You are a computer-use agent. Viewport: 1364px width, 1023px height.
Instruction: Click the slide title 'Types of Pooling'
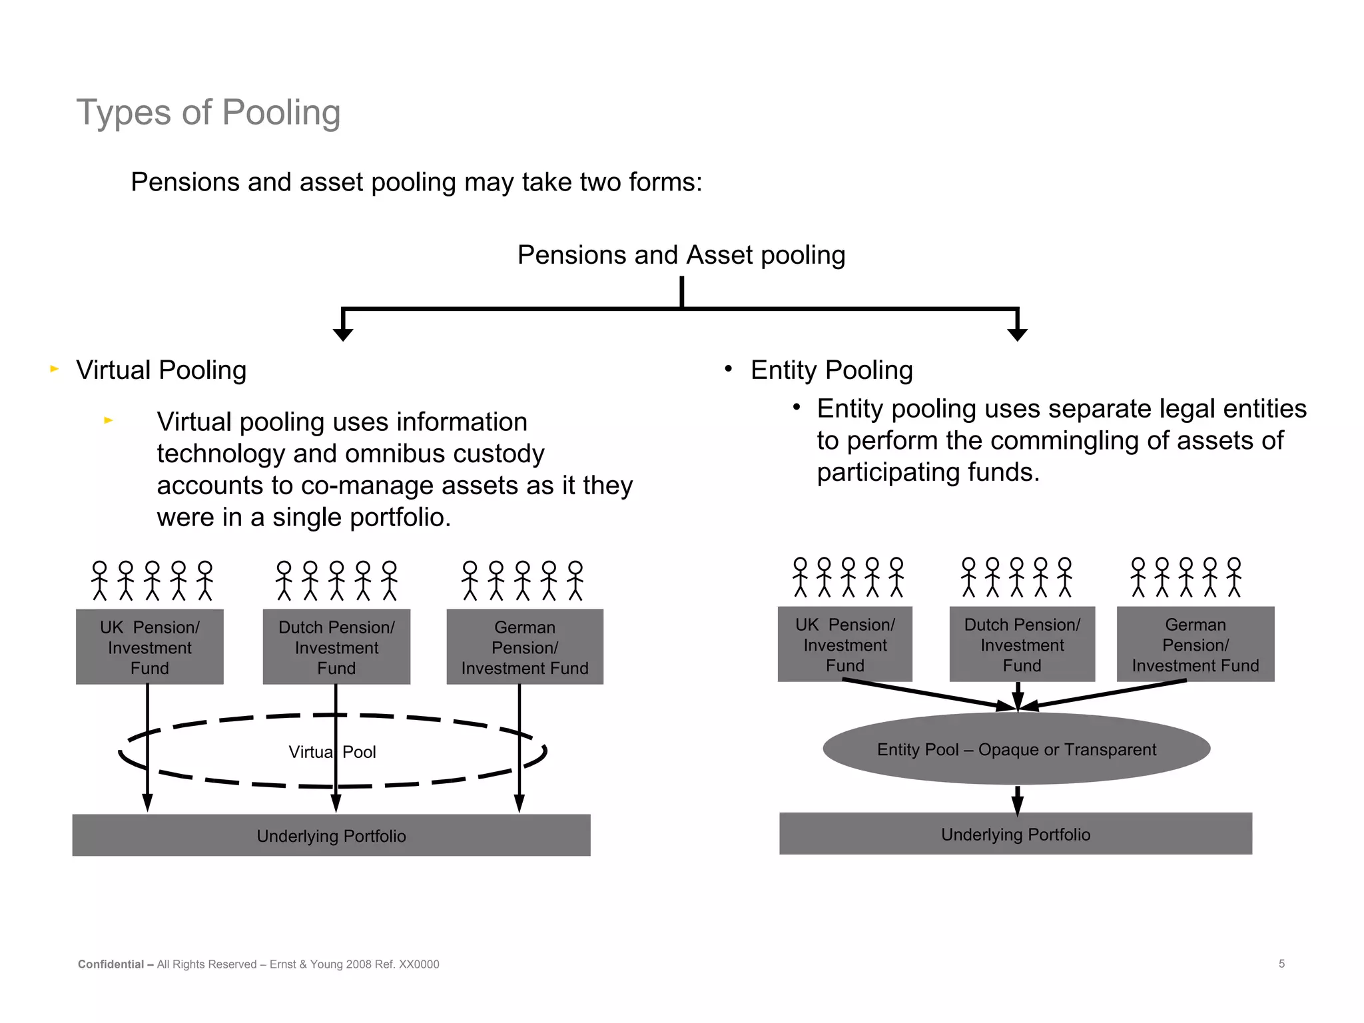[208, 112]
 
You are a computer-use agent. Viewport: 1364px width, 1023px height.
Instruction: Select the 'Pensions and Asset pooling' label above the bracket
[681, 255]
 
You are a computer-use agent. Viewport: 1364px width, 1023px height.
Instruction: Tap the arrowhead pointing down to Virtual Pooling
[342, 334]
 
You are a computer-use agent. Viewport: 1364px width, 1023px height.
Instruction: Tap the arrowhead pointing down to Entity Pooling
[1017, 334]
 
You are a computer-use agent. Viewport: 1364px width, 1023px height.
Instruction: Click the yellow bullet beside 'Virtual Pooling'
[55, 368]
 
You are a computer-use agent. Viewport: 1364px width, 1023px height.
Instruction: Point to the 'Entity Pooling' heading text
[831, 370]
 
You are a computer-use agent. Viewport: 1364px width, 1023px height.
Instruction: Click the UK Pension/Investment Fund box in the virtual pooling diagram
[149, 647]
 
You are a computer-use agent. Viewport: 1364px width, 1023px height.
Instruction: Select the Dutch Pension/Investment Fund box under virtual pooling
[336, 647]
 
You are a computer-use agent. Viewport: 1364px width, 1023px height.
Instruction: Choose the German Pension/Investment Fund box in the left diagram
[525, 647]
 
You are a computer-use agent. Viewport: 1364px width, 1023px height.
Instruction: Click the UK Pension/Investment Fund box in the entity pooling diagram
[845, 644]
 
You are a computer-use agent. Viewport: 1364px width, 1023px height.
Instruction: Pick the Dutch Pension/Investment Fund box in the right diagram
[1022, 644]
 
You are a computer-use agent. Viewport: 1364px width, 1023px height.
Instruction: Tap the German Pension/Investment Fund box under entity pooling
[1195, 644]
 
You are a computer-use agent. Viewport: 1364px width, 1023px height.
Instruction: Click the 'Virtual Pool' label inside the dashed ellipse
[332, 752]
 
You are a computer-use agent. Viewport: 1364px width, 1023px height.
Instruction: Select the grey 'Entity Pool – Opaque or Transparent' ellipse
[1016, 749]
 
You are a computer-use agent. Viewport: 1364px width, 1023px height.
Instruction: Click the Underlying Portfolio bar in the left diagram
[331, 835]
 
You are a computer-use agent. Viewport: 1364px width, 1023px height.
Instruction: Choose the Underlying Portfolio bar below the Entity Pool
[1015, 834]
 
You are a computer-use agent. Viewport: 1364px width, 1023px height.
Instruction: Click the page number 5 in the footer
[1281, 964]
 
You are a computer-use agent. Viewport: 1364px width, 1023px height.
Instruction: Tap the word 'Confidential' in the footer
[111, 964]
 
